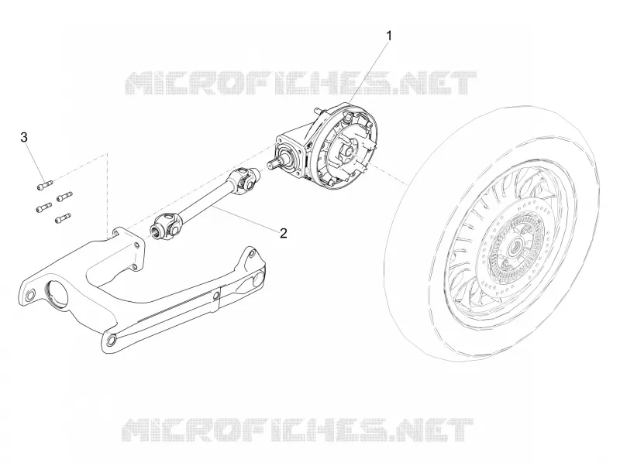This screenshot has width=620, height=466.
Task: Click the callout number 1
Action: tap(389, 36)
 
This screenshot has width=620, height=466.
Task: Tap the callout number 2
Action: tap(283, 233)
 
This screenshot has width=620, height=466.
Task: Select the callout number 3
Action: tap(24, 138)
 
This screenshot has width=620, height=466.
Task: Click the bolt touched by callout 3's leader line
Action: tap(44, 184)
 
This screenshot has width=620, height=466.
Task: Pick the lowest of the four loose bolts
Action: tap(63, 218)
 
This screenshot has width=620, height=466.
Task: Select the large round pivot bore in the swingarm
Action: tap(59, 293)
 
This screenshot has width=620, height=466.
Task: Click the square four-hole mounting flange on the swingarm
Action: tap(129, 248)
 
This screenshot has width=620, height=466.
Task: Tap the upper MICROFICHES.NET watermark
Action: tap(301, 83)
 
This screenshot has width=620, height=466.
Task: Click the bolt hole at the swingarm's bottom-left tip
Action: tap(110, 339)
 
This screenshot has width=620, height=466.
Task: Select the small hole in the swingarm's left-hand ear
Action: tap(29, 295)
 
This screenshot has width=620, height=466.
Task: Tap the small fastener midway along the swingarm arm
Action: tap(216, 296)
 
